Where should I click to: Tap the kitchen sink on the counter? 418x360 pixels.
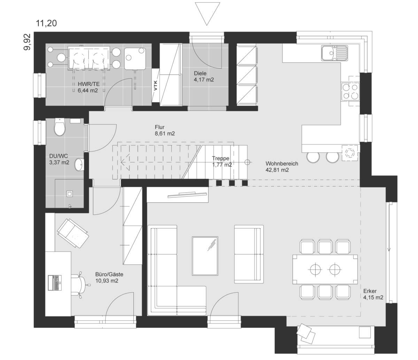coord(334,53)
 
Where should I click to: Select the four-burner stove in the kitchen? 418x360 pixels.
coord(350,92)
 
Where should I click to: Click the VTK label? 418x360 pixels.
coord(155,86)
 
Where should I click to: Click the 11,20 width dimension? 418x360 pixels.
coord(46,23)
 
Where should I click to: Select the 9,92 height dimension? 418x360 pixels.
coord(27,42)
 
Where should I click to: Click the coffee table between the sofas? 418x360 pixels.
coord(205,256)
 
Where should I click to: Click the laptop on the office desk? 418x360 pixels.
coord(55,283)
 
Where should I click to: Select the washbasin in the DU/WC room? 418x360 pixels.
coord(79,165)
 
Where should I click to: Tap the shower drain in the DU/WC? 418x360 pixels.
coord(69,194)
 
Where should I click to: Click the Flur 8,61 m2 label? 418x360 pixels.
coord(165,130)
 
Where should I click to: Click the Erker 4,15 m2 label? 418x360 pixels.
coord(373,294)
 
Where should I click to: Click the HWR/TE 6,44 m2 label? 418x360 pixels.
coord(88,87)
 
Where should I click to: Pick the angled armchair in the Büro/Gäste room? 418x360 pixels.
coord(73,233)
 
